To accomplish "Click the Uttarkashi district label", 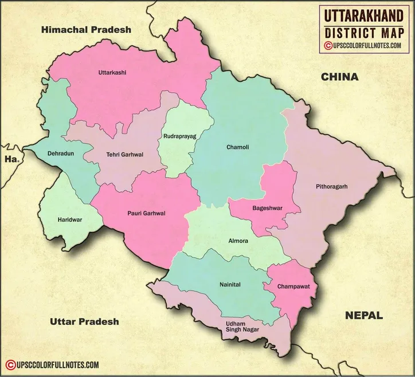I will [112, 73].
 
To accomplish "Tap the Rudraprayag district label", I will [179, 137].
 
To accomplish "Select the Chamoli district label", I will [238, 147].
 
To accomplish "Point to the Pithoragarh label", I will [331, 187].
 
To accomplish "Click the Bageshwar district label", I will [266, 209].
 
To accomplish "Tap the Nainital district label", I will [230, 284].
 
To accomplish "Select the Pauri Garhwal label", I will [146, 213].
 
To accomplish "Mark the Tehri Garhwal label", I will [124, 155].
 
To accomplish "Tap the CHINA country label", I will [339, 77].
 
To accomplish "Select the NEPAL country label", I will [363, 315].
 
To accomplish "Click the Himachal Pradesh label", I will [87, 29].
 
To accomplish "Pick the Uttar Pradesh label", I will [84, 321].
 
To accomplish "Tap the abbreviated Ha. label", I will [11, 160].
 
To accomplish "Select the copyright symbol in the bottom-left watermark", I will [10, 364].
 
